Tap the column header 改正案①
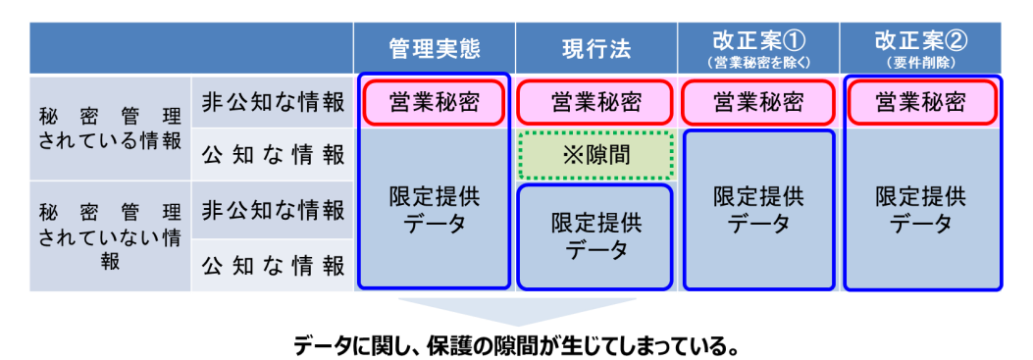(758, 40)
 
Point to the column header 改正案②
(920, 40)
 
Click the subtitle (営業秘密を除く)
(758, 62)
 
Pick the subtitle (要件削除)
(920, 62)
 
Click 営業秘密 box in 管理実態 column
(435, 102)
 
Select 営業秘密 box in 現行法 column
(595, 102)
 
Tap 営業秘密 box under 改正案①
(758, 102)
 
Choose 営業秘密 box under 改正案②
(920, 102)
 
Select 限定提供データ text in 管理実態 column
(435, 210)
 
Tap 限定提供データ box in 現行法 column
(595, 236)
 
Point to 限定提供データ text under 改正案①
(758, 210)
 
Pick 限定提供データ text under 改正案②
(920, 210)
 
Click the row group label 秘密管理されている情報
(110, 127)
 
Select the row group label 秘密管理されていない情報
(110, 236)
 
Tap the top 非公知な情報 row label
(273, 102)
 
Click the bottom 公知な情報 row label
(273, 265)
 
